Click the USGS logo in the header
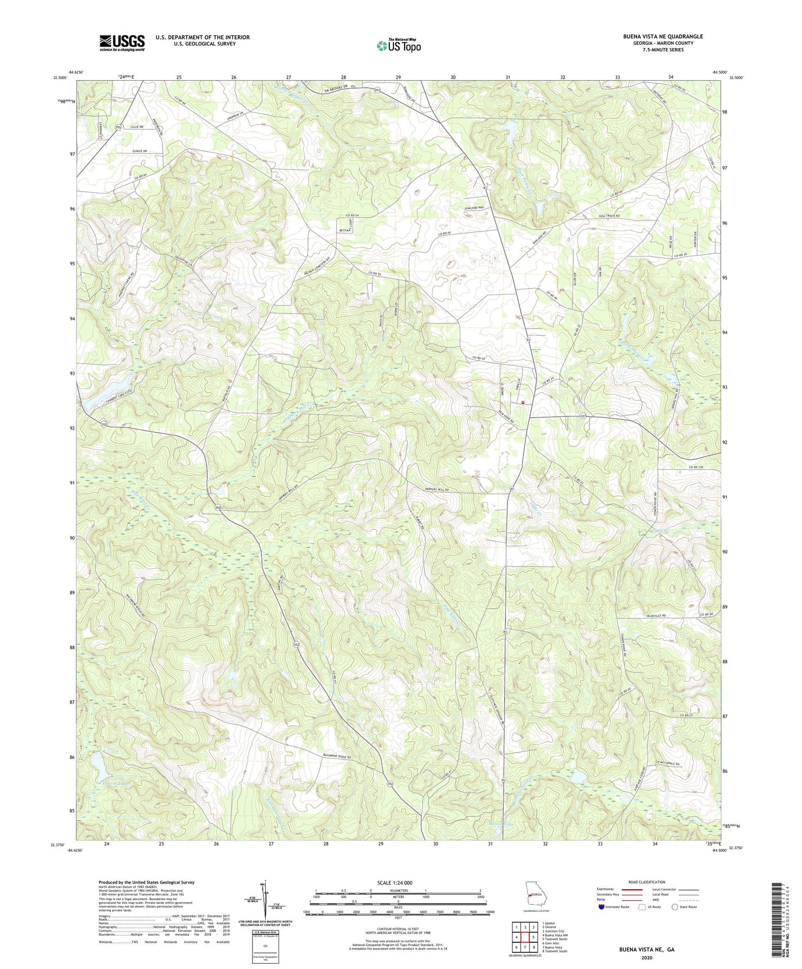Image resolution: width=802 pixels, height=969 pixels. [x=122, y=43]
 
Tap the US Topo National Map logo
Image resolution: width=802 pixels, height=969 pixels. [x=398, y=45]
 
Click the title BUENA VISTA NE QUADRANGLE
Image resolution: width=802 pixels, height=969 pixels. [x=655, y=36]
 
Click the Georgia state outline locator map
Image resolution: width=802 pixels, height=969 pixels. [x=535, y=894]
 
